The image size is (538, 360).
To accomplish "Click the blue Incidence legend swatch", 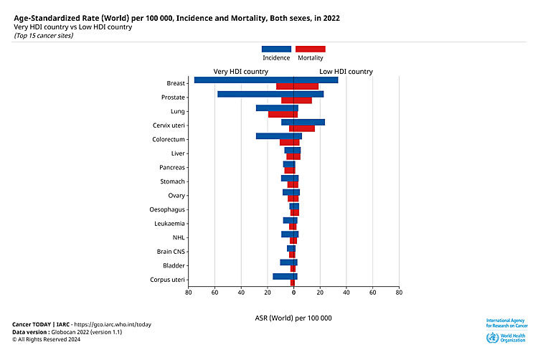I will [x=276, y=49].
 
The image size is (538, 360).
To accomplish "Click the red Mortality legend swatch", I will [x=311, y=49].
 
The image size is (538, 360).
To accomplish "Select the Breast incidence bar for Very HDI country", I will [x=244, y=80].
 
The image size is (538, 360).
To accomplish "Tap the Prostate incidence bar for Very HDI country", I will [x=255, y=94].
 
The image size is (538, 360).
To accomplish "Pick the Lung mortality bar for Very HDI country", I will [x=281, y=114].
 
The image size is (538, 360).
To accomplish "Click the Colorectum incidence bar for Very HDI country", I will [x=275, y=136].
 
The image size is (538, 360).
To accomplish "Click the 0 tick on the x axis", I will [x=294, y=293].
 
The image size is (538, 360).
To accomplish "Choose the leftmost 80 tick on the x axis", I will [x=189, y=293].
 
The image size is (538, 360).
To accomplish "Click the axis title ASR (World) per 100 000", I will [x=293, y=318].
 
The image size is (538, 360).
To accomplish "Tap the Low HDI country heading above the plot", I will [x=346, y=72].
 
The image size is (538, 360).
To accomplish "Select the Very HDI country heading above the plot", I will [x=241, y=72].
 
